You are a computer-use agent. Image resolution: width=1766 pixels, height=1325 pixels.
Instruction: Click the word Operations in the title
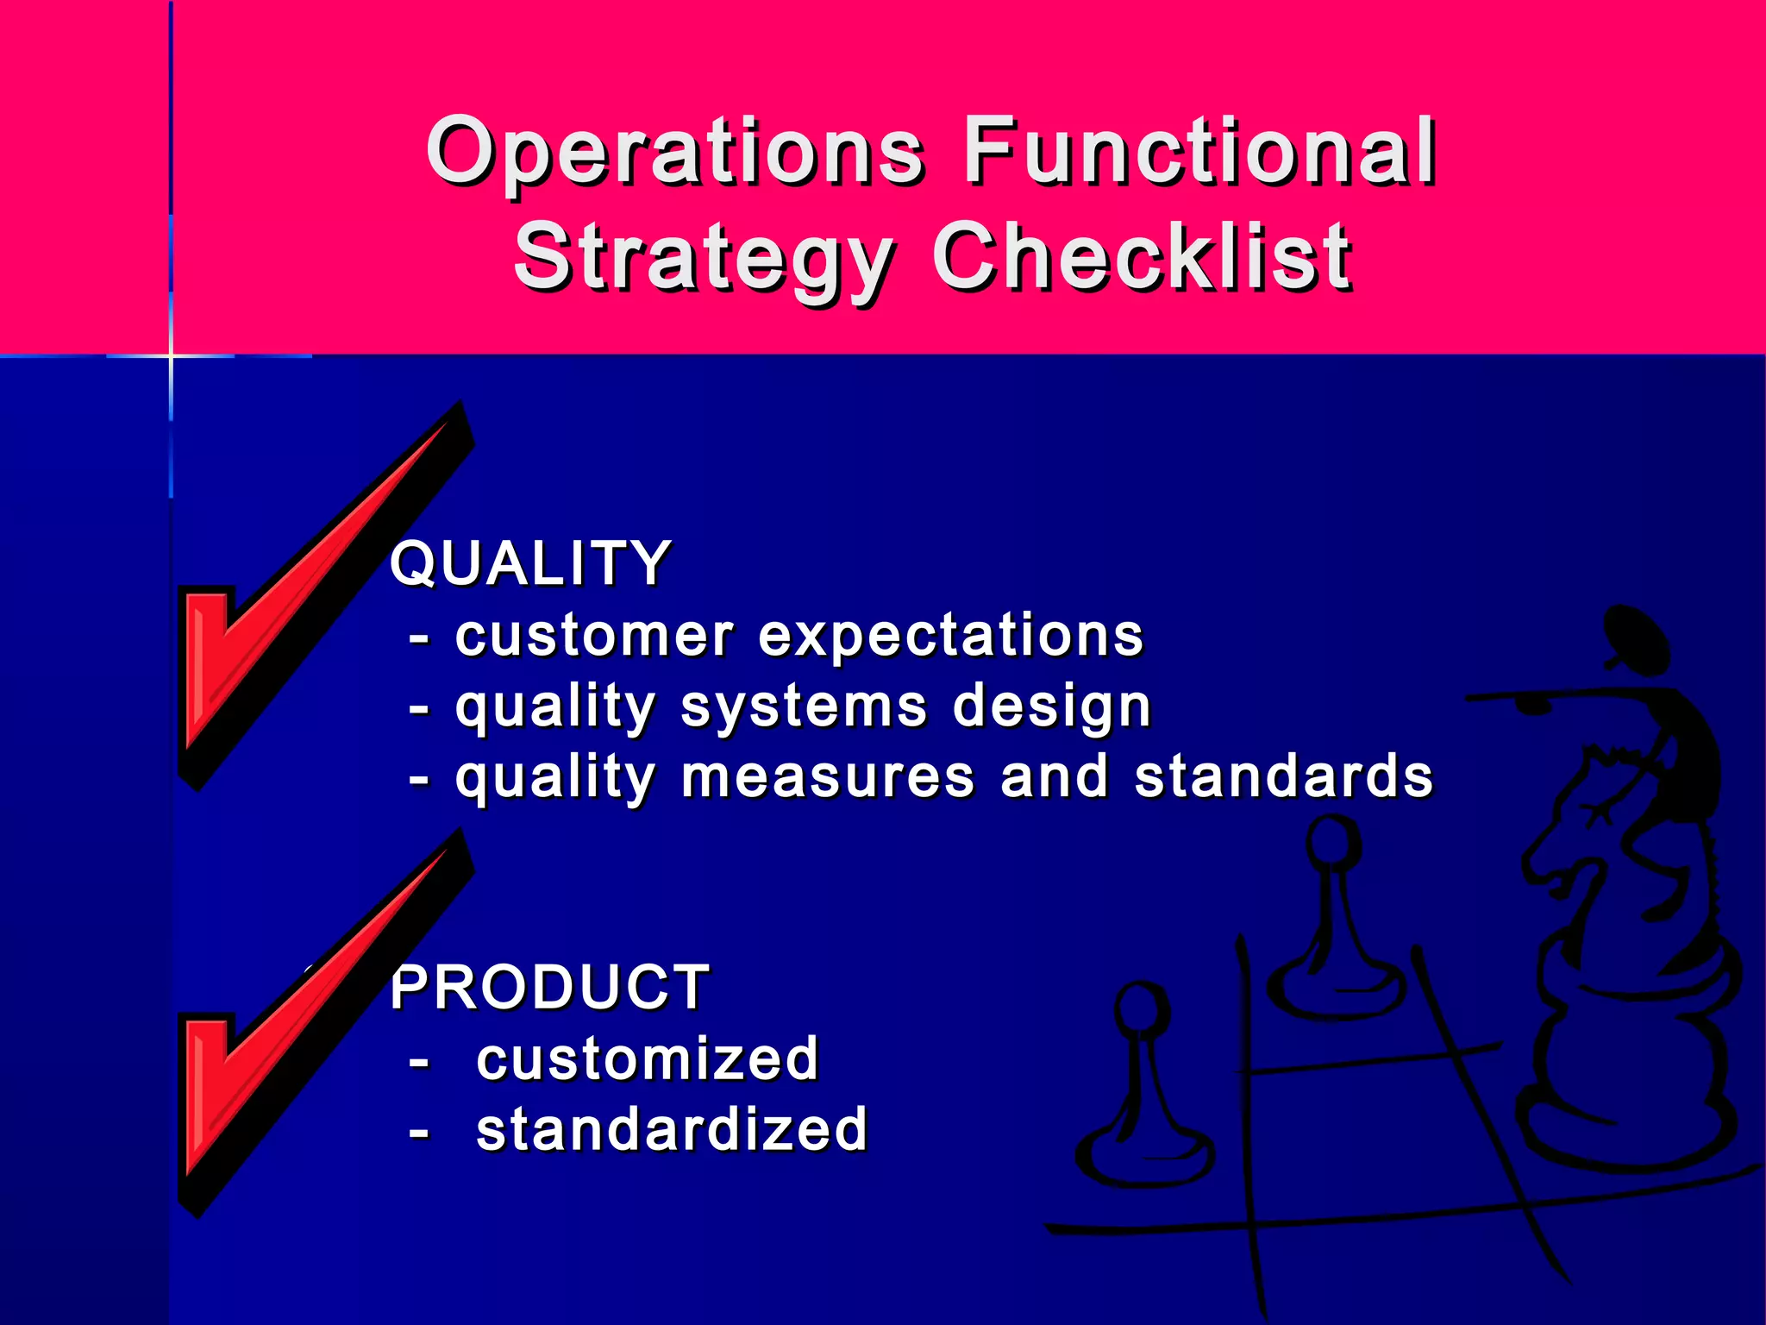click(675, 154)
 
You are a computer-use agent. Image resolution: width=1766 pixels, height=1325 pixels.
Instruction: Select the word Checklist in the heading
click(1142, 257)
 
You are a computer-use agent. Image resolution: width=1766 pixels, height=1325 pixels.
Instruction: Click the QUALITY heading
click(530, 563)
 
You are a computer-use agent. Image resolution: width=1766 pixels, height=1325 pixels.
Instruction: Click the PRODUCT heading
click(550, 988)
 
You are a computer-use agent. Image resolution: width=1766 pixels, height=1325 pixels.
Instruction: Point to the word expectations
click(950, 637)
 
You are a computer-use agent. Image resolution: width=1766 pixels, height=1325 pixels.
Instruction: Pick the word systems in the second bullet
click(804, 709)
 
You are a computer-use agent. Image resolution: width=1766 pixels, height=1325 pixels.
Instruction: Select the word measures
click(828, 776)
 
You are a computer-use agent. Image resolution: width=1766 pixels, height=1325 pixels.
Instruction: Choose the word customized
click(647, 1059)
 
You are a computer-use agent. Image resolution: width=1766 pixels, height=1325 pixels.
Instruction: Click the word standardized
click(671, 1130)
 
